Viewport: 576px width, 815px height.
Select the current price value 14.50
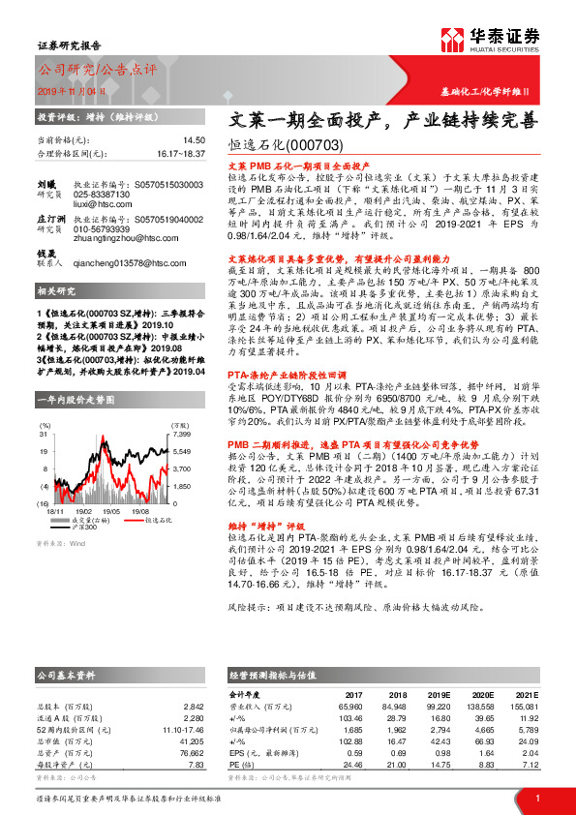[195, 140]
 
